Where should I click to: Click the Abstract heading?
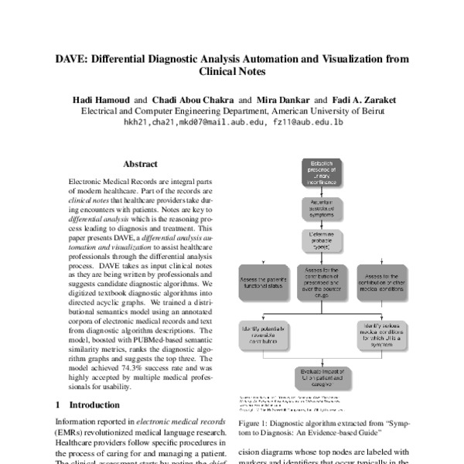coord(140,164)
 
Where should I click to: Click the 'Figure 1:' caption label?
coord(258,424)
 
